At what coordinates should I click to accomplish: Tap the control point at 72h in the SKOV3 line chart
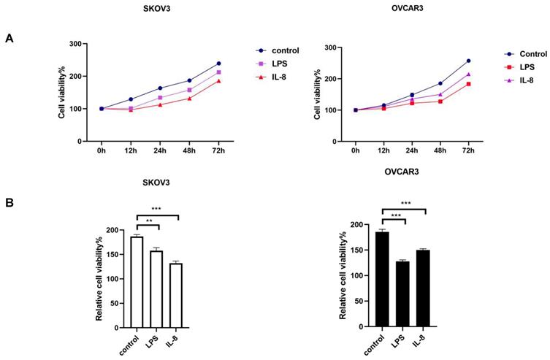tap(218, 64)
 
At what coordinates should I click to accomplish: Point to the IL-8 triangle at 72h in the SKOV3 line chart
tap(218, 81)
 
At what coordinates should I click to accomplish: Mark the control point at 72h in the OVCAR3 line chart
tap(468, 61)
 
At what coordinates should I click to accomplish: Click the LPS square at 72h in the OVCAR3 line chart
tap(468, 84)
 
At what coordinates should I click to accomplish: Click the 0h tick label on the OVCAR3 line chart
tap(355, 152)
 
